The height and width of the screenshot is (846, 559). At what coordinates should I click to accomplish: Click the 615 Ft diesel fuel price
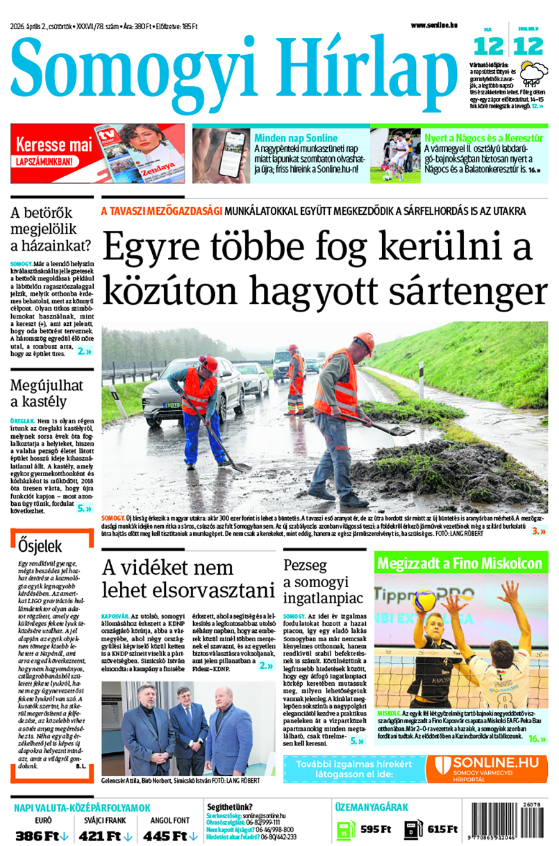442,829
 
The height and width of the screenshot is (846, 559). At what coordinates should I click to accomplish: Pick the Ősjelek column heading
40,546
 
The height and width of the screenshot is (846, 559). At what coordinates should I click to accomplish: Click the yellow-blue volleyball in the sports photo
424,601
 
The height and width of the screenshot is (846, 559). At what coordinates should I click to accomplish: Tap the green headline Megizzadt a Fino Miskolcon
460,563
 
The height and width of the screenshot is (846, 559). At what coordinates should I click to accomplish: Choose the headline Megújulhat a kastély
47,393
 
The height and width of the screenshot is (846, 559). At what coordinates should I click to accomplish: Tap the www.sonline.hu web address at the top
434,25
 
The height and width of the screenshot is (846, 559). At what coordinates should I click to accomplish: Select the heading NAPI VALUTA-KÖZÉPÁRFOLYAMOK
82,808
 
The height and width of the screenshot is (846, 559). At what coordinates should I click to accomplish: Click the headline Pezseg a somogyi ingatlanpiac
322,582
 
